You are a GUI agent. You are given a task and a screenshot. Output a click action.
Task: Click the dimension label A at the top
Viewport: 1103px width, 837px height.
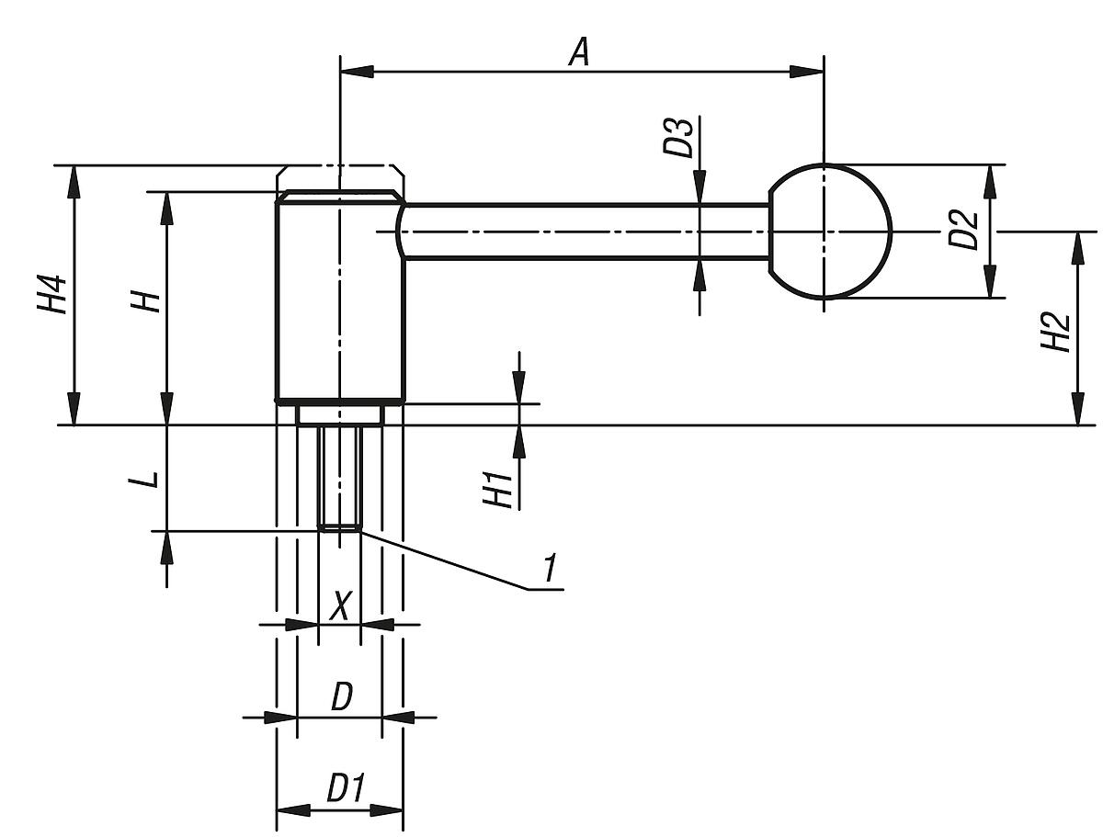pos(577,51)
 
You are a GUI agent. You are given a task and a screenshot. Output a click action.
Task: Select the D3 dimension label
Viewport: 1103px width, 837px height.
pos(680,138)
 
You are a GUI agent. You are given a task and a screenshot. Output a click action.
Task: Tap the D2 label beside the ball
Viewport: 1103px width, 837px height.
pos(962,231)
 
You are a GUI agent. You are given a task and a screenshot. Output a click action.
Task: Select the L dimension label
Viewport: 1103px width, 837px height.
pos(150,478)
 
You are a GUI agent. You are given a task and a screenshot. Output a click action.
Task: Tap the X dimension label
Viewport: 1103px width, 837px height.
pos(340,606)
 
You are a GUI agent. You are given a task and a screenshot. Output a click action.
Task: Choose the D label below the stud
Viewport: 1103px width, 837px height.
pos(341,698)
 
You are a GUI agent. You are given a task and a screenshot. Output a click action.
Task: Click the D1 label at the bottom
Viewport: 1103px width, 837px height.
pos(346,789)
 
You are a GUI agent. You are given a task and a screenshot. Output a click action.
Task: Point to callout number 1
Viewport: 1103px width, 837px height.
pos(549,569)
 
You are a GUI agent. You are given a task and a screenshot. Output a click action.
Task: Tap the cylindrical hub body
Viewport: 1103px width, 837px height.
pos(340,303)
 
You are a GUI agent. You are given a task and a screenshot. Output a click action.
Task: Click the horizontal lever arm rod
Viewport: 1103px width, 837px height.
pos(588,232)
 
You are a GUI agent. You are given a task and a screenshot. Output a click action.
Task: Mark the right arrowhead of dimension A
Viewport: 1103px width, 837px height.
pos(809,71)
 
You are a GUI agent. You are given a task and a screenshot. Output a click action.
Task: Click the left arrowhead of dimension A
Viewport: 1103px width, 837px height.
pos(355,71)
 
